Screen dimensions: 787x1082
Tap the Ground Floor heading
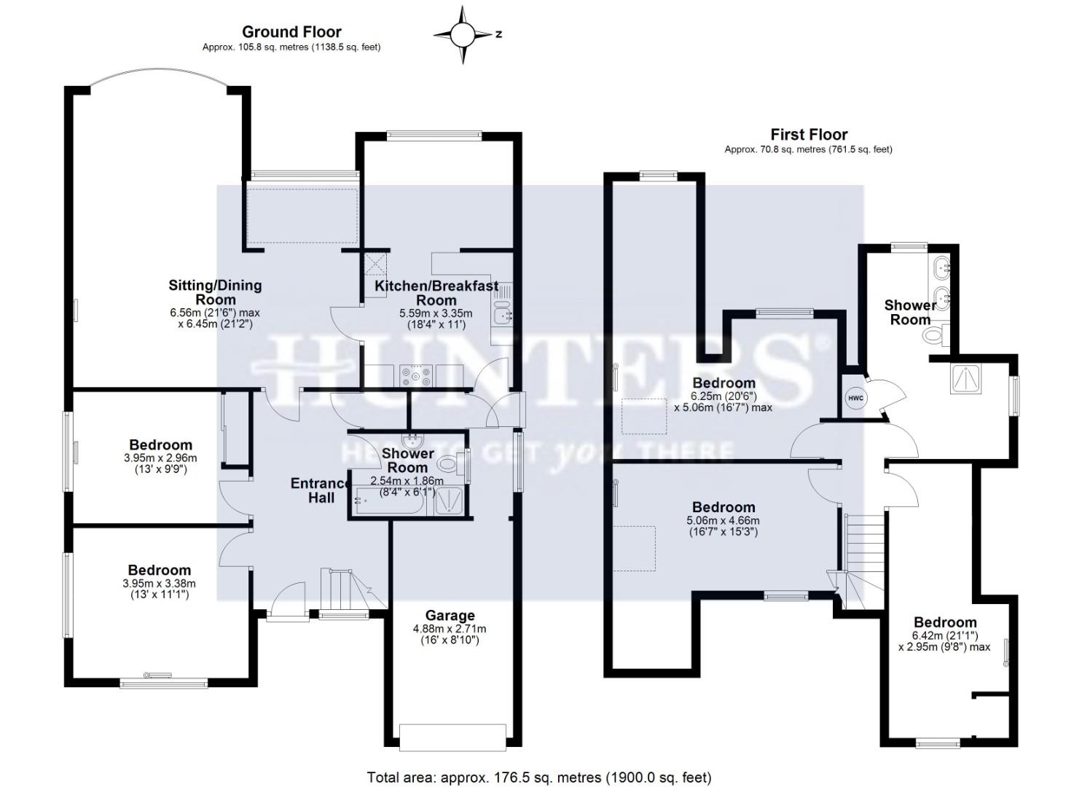(291, 32)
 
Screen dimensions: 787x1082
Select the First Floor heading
(809, 135)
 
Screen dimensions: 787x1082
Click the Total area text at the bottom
(539, 778)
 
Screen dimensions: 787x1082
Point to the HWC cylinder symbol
(855, 398)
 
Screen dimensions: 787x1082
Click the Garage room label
(450, 616)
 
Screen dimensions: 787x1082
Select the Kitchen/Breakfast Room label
(436, 293)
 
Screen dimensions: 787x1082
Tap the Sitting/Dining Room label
(215, 292)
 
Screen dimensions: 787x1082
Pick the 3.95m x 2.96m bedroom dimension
(160, 458)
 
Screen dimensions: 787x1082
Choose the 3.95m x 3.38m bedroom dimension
(160, 584)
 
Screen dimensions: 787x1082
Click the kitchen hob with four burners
(415, 375)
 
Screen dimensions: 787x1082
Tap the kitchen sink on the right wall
(502, 316)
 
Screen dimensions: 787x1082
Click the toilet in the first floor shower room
(933, 335)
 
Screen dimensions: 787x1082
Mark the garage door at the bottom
(452, 737)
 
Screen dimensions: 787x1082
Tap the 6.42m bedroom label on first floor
(945, 622)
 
